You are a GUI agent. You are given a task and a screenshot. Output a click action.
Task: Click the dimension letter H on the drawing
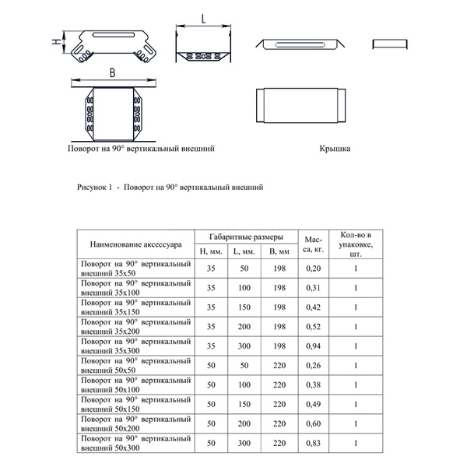pyautogui.click(x=54, y=43)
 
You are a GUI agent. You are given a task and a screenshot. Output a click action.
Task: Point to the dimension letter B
pyautogui.click(x=113, y=72)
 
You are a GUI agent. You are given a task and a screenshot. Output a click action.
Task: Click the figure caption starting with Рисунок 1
pyautogui.click(x=171, y=188)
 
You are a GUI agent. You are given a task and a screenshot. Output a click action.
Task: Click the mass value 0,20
pyautogui.click(x=313, y=268)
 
